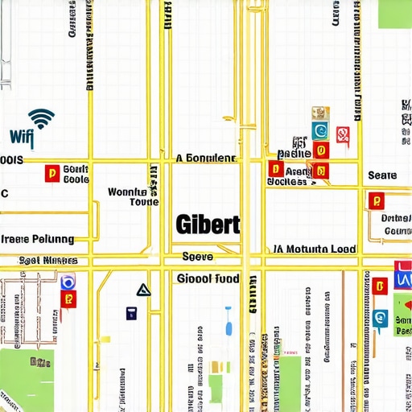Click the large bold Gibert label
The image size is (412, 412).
[207, 225]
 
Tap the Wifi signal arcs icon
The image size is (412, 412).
[41, 117]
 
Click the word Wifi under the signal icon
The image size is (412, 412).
[23, 138]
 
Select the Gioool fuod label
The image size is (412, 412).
[207, 278]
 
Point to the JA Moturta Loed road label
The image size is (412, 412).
[314, 249]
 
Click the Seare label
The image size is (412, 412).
[382, 175]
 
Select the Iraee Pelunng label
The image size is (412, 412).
[37, 239]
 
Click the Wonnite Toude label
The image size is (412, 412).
[127, 197]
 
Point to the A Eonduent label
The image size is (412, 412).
[205, 159]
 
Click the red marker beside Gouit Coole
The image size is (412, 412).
[51, 173]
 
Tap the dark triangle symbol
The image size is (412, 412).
[143, 290]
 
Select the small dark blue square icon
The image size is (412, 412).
[131, 314]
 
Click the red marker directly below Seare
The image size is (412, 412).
[374, 200]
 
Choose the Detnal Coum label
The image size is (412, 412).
[395, 225]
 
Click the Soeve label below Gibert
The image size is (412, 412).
[197, 257]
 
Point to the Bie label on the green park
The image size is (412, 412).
[40, 362]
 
